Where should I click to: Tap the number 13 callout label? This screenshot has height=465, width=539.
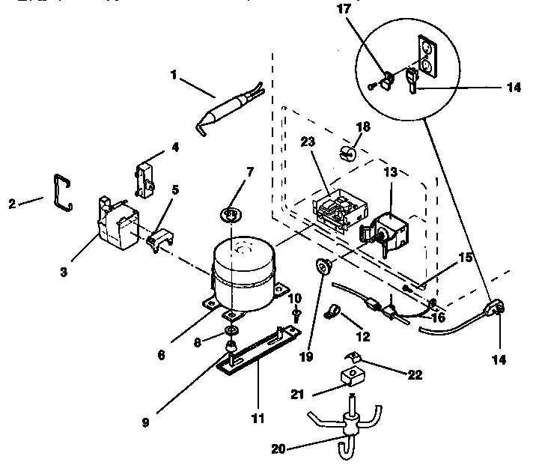[x=390, y=171]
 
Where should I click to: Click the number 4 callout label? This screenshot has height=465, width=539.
[x=175, y=147]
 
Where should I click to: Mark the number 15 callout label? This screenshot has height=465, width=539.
[x=466, y=258]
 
